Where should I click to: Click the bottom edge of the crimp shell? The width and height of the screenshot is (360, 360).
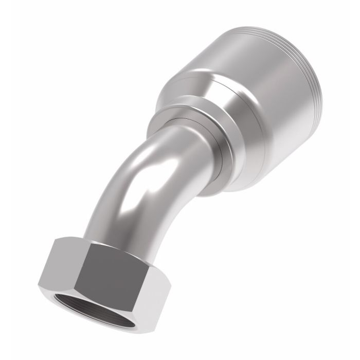coord(242,190)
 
